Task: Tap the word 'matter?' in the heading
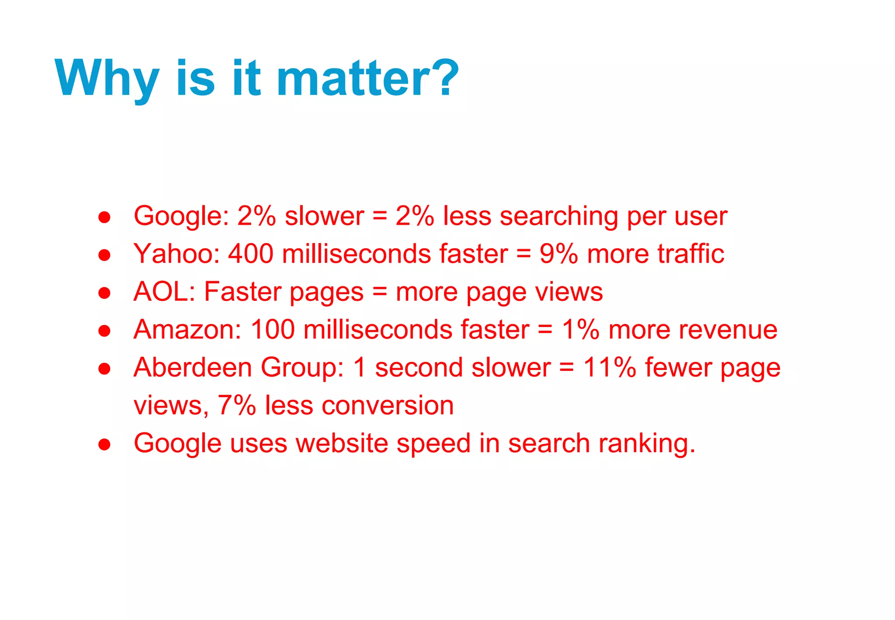coord(368,78)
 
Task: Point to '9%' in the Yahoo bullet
coord(559,254)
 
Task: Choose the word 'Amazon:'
coord(187,329)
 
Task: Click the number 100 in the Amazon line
coord(273,329)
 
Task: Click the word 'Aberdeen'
coord(193,367)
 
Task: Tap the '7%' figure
coord(236,405)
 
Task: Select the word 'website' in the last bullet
coord(342,443)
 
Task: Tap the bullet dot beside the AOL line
coord(104,293)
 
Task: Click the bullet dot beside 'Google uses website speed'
coord(104,445)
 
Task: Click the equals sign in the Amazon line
coord(545,329)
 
